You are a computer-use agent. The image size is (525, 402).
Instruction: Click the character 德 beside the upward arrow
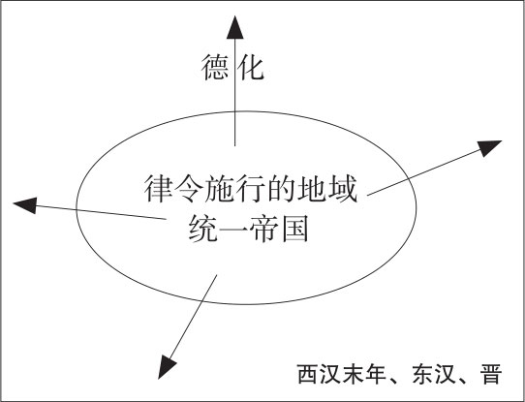215,68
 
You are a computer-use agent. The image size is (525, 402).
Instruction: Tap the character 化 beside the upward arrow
251,68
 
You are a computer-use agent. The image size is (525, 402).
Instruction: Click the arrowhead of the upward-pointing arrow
235,27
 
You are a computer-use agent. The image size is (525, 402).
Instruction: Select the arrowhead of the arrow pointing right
489,147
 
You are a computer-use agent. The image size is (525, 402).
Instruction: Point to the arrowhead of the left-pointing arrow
25,204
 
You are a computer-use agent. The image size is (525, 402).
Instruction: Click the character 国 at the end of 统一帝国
295,230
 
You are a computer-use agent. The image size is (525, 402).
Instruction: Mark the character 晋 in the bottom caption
490,374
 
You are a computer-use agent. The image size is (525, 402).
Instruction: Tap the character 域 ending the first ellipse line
343,190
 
